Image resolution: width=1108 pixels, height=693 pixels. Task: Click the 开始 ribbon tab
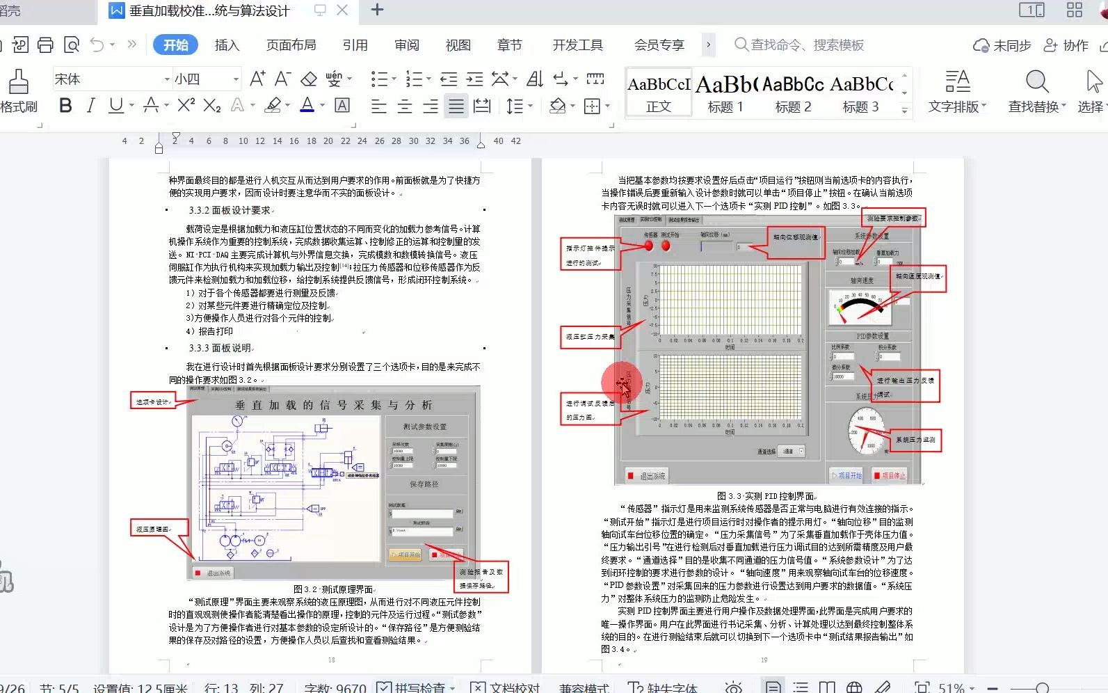click(175, 45)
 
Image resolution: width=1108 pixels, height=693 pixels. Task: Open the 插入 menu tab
click(227, 45)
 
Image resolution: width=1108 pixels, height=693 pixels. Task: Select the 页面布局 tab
click(291, 45)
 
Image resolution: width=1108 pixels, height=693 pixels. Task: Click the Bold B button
click(65, 106)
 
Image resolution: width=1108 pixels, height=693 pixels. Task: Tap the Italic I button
click(90, 106)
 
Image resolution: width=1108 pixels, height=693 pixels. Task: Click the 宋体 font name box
click(108, 79)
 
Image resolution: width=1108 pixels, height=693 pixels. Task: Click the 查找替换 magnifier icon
click(1036, 82)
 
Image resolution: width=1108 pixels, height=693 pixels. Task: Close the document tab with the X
click(342, 10)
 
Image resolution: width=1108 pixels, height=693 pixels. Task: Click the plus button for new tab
click(377, 10)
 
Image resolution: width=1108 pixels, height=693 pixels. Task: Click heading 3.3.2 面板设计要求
click(230, 210)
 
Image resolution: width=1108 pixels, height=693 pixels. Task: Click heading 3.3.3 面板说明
click(220, 348)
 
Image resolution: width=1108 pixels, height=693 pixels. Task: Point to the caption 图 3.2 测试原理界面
click(334, 589)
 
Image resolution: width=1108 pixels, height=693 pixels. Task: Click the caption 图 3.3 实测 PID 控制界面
click(766, 496)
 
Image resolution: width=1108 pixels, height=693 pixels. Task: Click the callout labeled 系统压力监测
click(915, 440)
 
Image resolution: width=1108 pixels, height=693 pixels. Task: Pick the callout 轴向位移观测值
click(796, 237)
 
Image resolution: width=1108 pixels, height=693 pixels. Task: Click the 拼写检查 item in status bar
click(415, 687)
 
